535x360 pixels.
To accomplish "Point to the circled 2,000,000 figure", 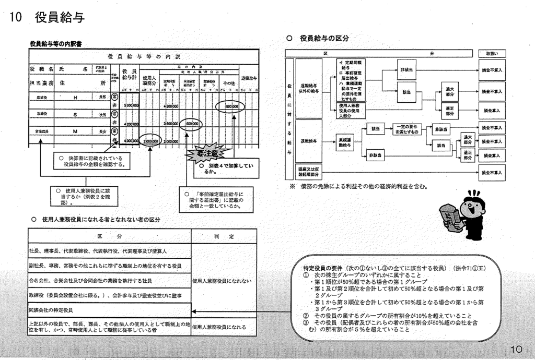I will pyautogui.click(x=152, y=141).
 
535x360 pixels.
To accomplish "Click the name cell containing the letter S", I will pyautogui.click(x=76, y=113).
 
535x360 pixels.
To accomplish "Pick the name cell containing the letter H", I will pyautogui.click(x=76, y=97).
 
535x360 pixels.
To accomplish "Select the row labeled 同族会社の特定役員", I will pyautogui.click(x=110, y=310).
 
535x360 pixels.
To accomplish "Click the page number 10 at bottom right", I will pyautogui.click(x=517, y=349).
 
